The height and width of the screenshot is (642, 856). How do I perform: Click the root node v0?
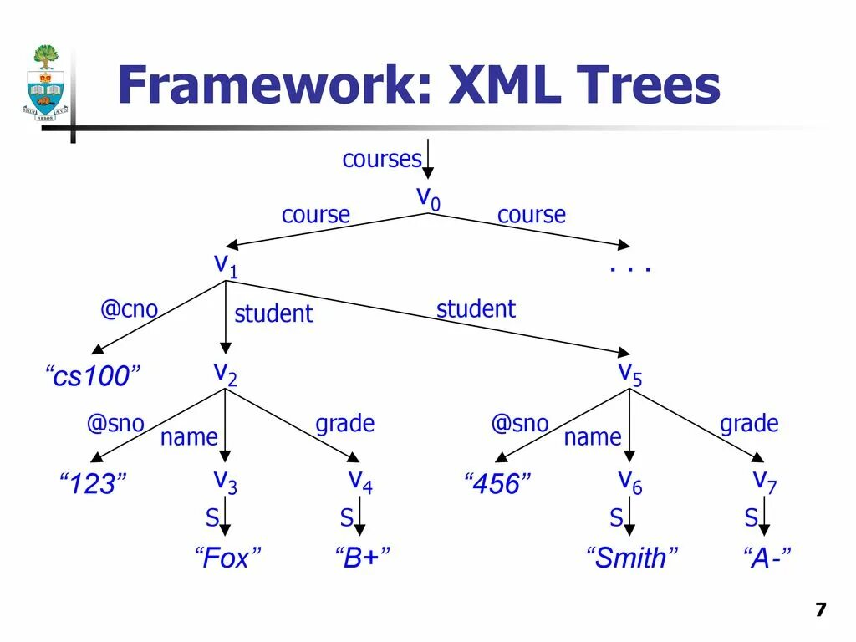click(x=428, y=198)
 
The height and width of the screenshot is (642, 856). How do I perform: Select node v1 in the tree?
click(x=226, y=265)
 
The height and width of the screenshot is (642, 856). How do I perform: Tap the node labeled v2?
click(x=225, y=373)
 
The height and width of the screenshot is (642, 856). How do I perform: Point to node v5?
click(x=629, y=373)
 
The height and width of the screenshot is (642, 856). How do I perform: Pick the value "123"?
click(x=93, y=484)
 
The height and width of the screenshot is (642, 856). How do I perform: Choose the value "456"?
click(x=497, y=484)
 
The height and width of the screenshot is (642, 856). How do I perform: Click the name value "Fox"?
click(x=227, y=558)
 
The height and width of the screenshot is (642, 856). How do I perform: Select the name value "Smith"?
click(x=632, y=558)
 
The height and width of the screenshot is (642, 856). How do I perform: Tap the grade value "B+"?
click(x=363, y=558)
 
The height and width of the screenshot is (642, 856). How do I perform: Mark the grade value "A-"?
click(x=766, y=558)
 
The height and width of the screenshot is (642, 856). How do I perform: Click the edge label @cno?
click(x=129, y=309)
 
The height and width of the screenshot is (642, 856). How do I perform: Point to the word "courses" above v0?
click(x=382, y=159)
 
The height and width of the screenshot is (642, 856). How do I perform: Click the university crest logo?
click(x=45, y=82)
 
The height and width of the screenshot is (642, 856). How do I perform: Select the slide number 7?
click(x=820, y=609)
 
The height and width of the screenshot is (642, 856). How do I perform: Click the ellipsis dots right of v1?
click(x=629, y=268)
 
